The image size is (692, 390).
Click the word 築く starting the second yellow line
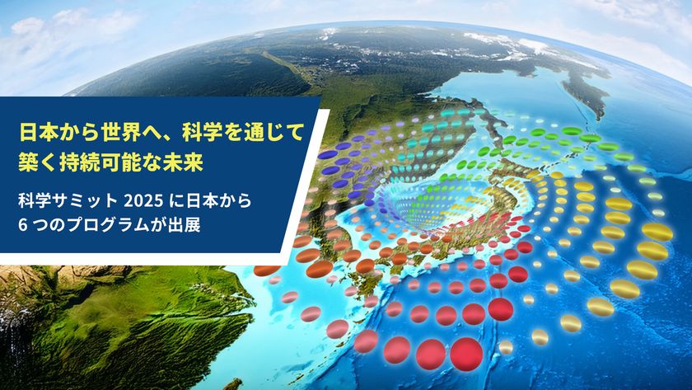38,160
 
